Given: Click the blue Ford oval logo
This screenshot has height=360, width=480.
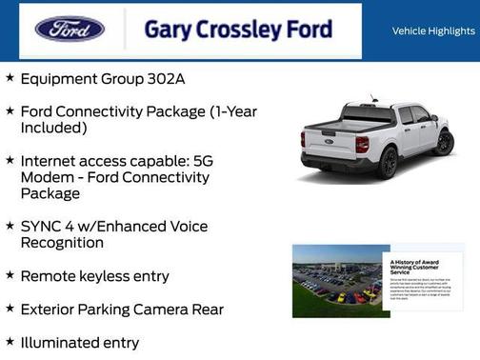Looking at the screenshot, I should click(x=70, y=30).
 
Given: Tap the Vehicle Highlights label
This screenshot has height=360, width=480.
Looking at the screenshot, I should click(x=431, y=31).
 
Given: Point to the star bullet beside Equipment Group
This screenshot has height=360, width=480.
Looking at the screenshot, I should click(x=10, y=78).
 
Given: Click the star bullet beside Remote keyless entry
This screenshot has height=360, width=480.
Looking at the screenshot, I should click(x=10, y=275).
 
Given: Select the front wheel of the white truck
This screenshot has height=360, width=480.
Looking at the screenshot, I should click(x=443, y=143).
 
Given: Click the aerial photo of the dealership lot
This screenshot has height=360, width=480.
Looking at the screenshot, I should click(x=337, y=280).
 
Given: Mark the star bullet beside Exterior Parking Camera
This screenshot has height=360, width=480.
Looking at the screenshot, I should click(x=10, y=309).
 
